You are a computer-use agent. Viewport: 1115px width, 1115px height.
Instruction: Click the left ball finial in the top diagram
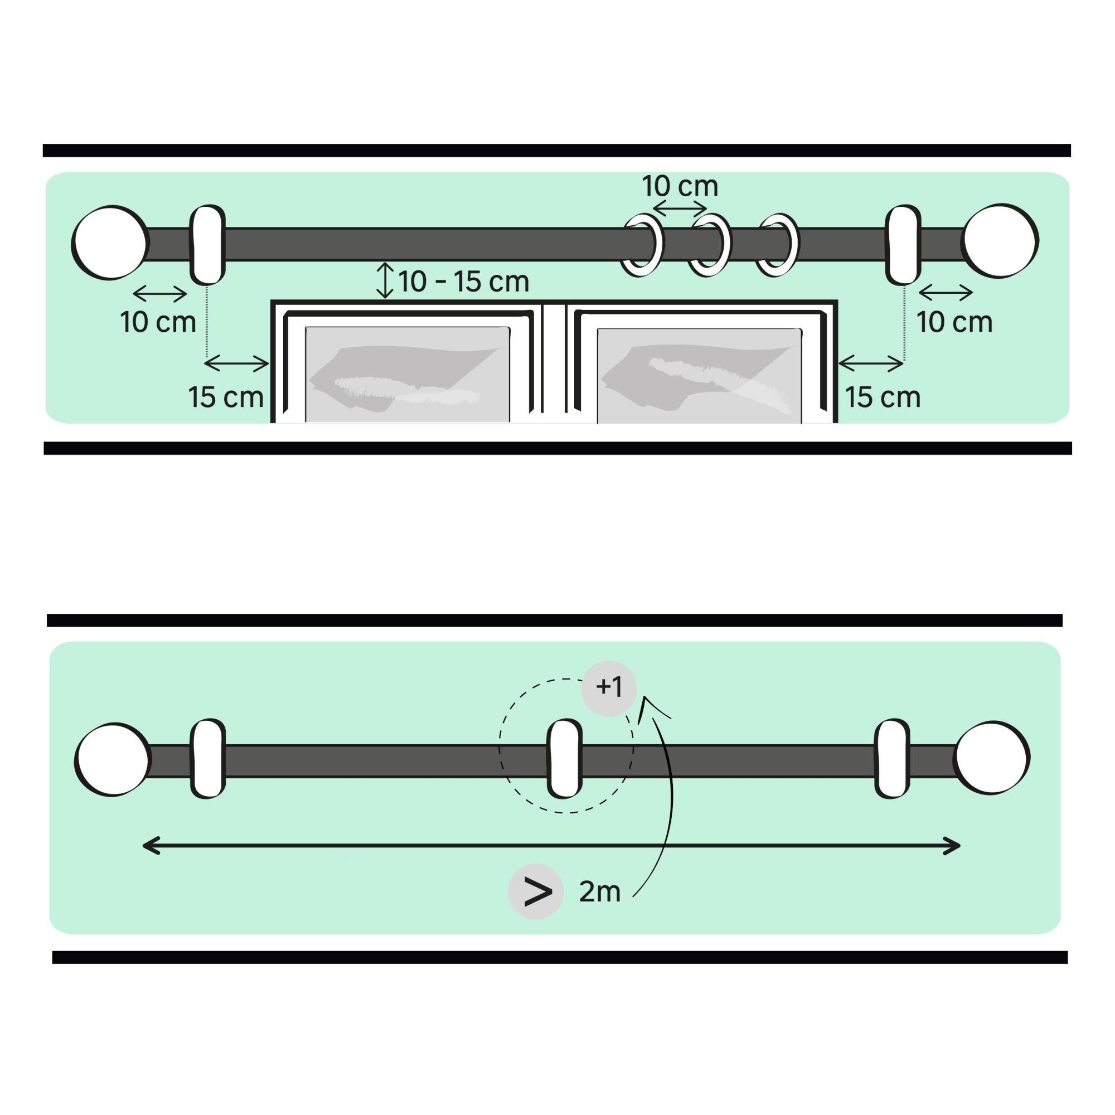[x=110, y=243]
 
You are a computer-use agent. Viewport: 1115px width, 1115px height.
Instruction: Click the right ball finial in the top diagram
[x=1001, y=241]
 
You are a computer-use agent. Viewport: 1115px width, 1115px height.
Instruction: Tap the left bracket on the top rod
[x=207, y=244]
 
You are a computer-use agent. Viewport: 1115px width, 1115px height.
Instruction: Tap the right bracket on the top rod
[x=903, y=244]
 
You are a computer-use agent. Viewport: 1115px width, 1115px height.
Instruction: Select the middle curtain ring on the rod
[x=710, y=245]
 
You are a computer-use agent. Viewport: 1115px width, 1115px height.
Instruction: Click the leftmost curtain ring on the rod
[x=642, y=245]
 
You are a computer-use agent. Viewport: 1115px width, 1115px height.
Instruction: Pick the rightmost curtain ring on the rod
[x=778, y=245]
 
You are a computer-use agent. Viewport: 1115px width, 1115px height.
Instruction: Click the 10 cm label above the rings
[x=680, y=186]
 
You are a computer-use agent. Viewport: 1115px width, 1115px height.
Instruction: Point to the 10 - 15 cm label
[x=463, y=282]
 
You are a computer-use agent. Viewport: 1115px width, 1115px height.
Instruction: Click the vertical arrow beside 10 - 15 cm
[x=385, y=281]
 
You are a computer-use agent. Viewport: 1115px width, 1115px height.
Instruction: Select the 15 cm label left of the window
[x=226, y=397]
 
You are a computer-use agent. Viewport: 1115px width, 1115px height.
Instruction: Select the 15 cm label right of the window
[x=883, y=397]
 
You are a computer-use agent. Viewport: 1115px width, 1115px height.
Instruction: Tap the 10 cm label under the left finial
[x=158, y=323]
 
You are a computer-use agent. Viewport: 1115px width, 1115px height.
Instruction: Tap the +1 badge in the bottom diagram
[x=609, y=688]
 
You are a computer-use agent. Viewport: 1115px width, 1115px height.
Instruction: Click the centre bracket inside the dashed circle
[x=564, y=758]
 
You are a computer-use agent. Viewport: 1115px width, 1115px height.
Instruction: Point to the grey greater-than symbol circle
[x=536, y=891]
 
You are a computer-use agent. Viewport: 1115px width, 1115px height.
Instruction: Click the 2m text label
[x=599, y=892]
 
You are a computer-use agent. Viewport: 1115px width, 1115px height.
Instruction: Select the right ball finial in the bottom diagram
[x=991, y=758]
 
